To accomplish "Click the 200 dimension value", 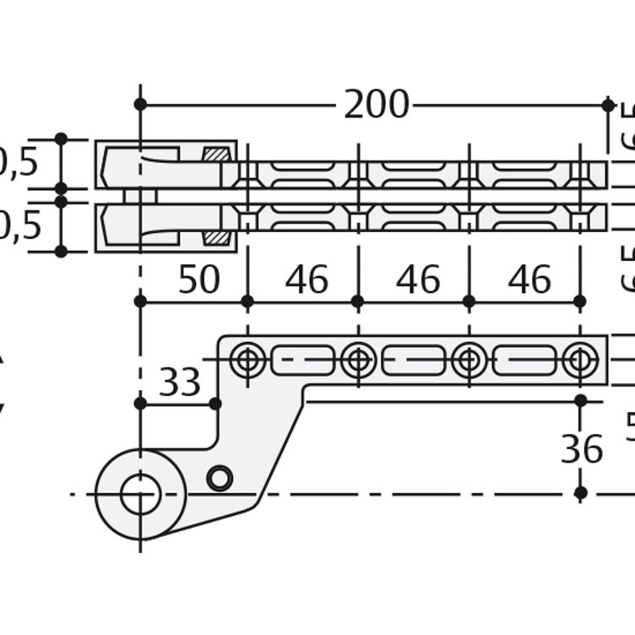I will (x=376, y=106).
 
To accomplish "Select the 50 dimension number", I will (x=198, y=280).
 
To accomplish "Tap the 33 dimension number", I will (x=180, y=383).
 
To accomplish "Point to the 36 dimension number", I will (x=582, y=450).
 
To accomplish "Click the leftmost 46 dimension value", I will (x=307, y=280).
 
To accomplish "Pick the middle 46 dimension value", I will (x=418, y=280).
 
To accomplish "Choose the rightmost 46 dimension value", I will (x=529, y=280).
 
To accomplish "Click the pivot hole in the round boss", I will (x=140, y=494).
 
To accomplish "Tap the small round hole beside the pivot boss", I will (x=220, y=478).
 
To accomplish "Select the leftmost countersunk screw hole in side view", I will (x=247, y=361).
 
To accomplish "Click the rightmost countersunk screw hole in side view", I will (x=579, y=361).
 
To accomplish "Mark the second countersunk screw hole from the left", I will (x=358, y=361).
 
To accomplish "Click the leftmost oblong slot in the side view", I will (x=302, y=361).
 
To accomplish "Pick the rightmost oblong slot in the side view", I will (x=524, y=361).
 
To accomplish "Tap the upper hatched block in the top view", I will (x=216, y=154).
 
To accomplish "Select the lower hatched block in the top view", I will (x=216, y=238).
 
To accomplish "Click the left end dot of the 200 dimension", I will (x=140, y=105).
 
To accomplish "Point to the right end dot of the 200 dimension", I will (x=608, y=105).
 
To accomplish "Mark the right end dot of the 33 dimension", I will (x=215, y=404).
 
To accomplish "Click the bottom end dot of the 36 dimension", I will (x=580, y=493).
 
